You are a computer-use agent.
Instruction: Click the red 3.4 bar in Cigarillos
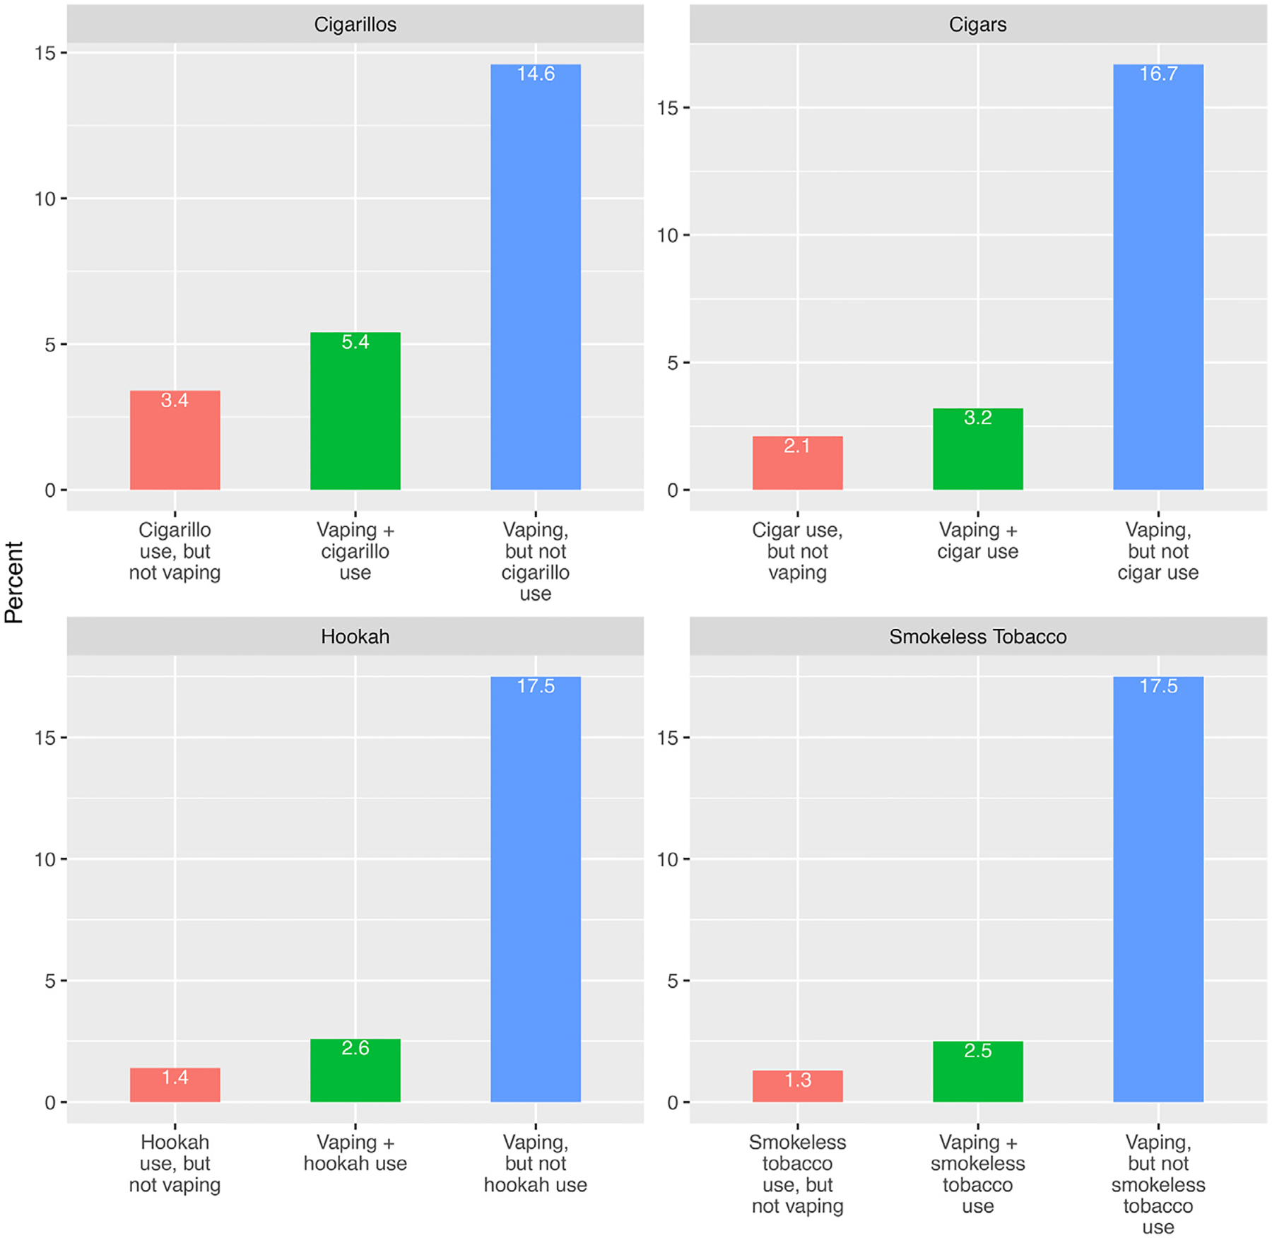point(175,440)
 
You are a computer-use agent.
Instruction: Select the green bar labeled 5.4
point(355,411)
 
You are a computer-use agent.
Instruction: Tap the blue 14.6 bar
point(535,277)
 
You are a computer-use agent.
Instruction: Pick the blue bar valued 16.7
point(1158,277)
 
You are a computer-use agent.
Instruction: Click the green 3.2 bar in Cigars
point(977,449)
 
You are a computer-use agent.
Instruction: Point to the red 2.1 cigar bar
point(797,464)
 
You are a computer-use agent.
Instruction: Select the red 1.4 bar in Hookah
point(175,1085)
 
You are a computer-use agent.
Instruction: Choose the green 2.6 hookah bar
point(355,1071)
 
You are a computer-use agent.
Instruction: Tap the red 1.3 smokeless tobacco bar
point(797,1086)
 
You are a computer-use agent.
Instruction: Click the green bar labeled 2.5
point(977,1072)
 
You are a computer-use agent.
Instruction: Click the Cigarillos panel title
point(355,25)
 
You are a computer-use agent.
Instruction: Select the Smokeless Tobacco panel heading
point(977,637)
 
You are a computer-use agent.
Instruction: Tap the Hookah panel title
point(355,637)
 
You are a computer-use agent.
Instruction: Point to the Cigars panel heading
point(977,25)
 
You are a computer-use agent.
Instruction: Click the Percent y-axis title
point(14,582)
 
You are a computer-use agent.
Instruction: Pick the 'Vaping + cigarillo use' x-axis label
point(355,551)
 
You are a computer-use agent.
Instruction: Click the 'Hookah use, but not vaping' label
point(175,1164)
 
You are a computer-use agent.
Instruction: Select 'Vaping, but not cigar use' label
point(1158,551)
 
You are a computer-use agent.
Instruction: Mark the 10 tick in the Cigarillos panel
point(45,199)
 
